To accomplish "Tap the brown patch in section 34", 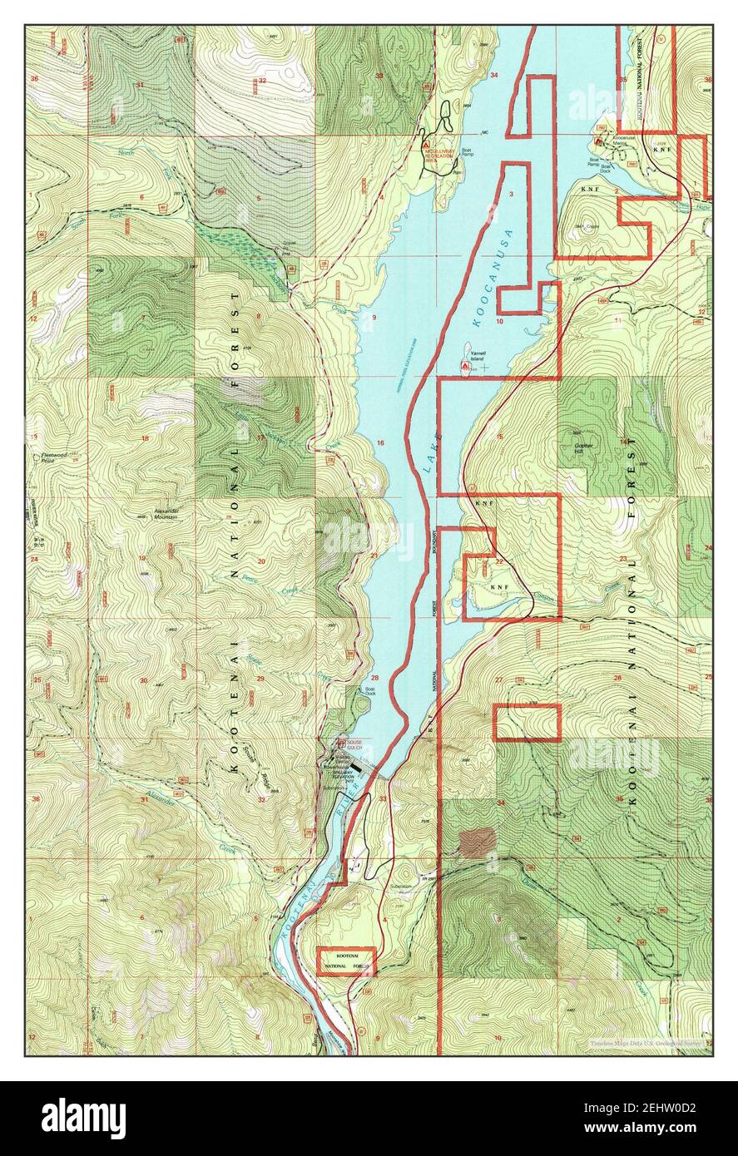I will (475, 842).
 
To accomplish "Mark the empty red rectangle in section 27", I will (527, 722).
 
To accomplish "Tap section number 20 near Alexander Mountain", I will (260, 562).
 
